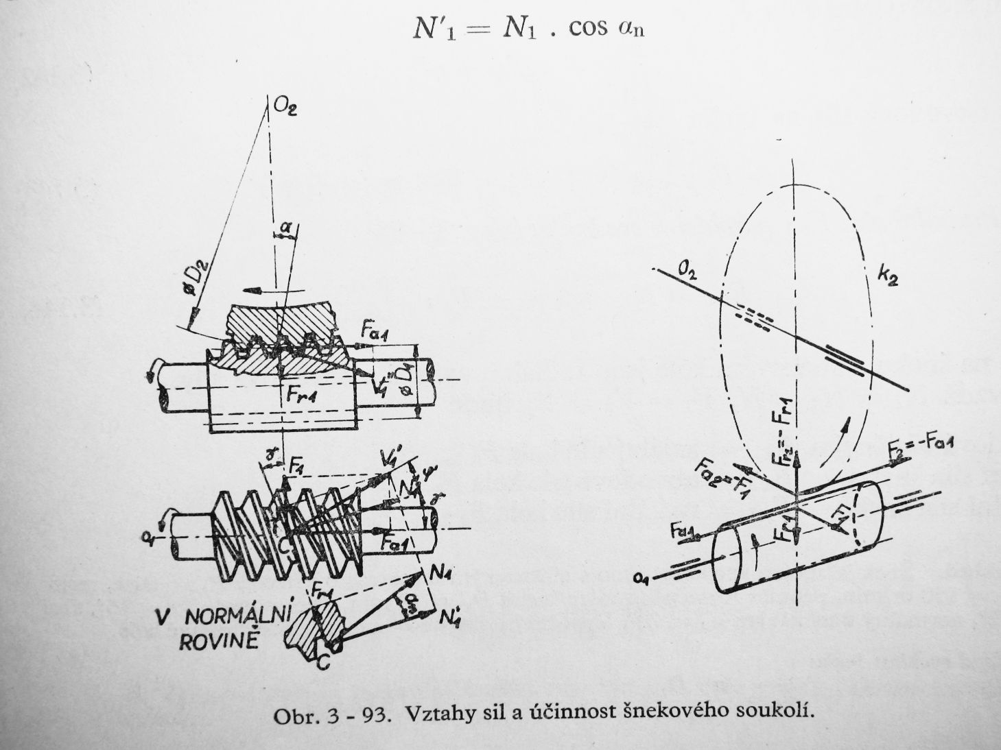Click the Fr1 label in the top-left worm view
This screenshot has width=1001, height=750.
click(x=300, y=396)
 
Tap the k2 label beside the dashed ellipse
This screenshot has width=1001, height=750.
click(x=888, y=276)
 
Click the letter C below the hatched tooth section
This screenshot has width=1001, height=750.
click(x=322, y=664)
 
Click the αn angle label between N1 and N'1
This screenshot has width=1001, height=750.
click(x=407, y=601)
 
